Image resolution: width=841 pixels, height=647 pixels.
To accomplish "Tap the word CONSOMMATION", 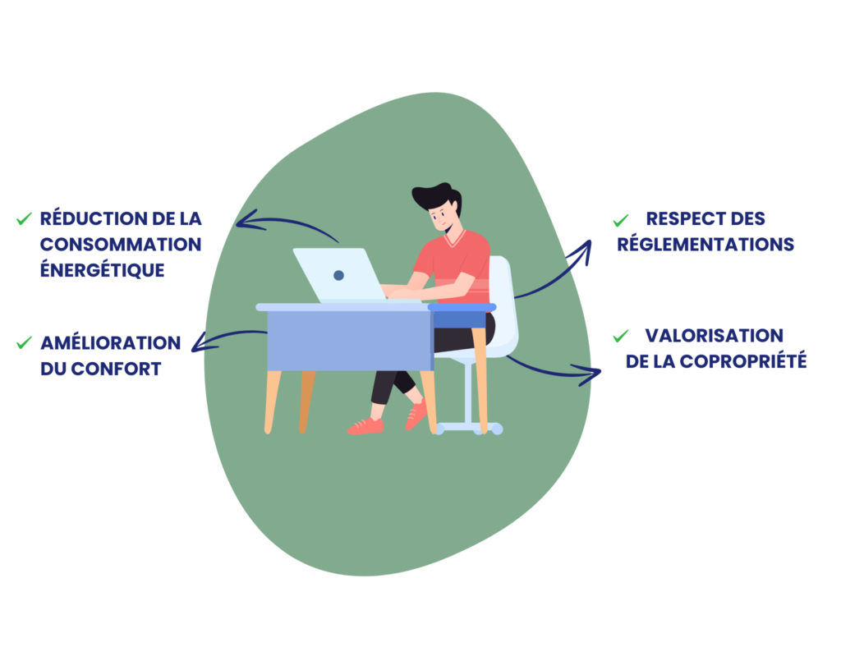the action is click(x=121, y=245).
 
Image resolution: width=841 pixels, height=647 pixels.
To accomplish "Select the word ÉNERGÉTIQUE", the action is click(x=103, y=269).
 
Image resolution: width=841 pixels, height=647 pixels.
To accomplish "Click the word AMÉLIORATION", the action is click(x=111, y=342).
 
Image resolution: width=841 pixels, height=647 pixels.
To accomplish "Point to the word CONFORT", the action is click(x=116, y=369).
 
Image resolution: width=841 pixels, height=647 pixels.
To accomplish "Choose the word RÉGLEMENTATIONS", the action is click(x=705, y=244).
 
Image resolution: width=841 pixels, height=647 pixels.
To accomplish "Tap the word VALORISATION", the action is click(x=714, y=336).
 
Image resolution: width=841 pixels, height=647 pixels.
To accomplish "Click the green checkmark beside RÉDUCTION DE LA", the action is click(x=24, y=218).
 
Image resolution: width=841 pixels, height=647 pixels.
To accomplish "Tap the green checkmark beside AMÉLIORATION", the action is click(x=24, y=342).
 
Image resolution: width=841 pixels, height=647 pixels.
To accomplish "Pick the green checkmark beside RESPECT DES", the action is click(x=621, y=220).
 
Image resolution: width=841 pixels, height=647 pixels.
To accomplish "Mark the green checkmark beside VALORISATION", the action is click(x=621, y=336).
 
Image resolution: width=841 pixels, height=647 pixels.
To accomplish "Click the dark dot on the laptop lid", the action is click(x=338, y=275).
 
